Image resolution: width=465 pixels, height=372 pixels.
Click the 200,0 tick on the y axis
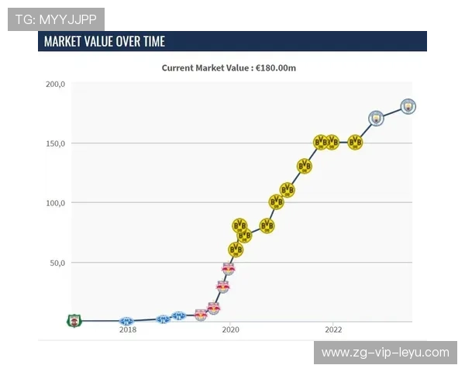coord(55,84)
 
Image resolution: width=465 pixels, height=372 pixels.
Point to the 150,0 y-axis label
coord(55,143)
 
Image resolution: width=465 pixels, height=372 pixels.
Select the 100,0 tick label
coord(55,203)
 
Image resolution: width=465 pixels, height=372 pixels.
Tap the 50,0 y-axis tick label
coord(57,263)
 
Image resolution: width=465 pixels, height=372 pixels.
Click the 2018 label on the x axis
coord(128,329)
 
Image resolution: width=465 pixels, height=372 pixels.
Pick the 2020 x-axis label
coord(230,329)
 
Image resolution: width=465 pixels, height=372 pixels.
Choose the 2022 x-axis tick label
coord(332,329)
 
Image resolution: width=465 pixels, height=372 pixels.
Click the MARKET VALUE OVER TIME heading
coord(105,41)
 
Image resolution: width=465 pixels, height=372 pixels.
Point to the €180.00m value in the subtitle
coord(275,67)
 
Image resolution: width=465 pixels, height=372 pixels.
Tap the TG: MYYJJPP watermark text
coord(55,19)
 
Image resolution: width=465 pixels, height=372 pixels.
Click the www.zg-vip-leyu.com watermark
coord(385,353)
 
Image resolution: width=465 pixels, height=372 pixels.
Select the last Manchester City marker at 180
coord(408,107)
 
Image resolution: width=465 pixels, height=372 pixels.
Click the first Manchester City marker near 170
coord(377,119)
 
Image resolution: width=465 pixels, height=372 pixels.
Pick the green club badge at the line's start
coord(74,320)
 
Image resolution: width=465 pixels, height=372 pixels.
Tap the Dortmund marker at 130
coord(305,167)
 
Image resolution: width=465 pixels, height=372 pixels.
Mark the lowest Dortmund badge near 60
coord(236,250)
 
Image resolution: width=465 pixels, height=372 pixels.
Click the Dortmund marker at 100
coord(277,202)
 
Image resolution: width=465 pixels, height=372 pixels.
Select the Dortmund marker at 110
coord(287,190)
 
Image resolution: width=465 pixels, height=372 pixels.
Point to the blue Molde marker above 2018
coord(126,321)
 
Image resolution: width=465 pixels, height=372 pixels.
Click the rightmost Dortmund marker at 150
coord(355,143)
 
